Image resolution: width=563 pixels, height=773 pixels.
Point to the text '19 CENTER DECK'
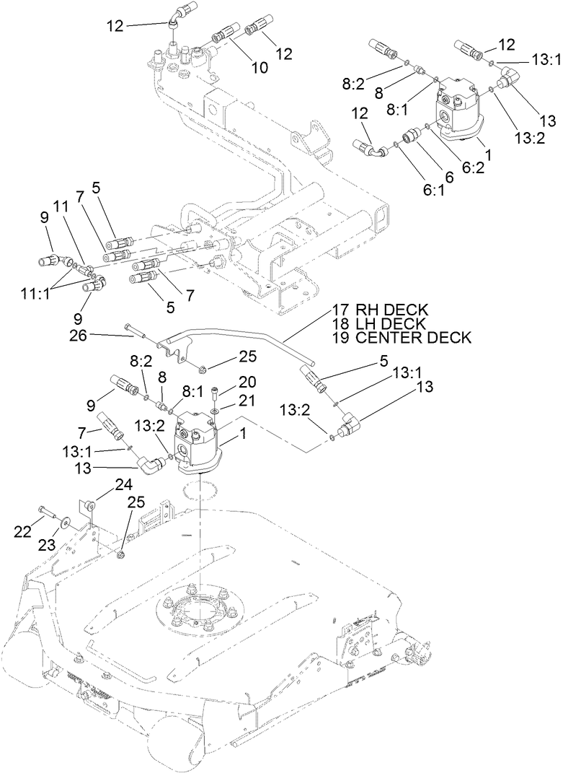(x=402, y=337)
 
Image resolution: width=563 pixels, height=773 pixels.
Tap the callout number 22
(x=23, y=531)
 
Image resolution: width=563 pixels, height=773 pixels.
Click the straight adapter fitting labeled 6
(x=412, y=136)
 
